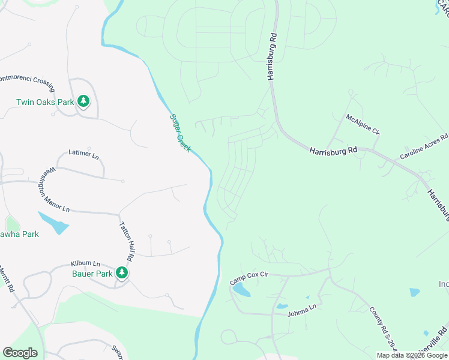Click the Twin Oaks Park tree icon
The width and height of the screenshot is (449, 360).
coord(83,101)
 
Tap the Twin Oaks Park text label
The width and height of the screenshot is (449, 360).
coord(45,102)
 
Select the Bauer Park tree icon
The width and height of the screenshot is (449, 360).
coord(122,273)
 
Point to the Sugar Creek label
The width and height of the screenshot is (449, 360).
coord(179,133)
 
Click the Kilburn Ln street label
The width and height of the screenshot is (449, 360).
coord(85,263)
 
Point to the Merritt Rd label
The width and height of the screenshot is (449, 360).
coord(7,280)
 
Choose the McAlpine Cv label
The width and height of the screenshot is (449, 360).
coord(363,124)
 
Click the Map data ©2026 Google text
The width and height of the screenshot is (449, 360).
coord(412,355)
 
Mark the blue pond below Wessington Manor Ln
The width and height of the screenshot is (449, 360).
coord(53,223)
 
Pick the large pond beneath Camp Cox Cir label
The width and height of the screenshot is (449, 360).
coord(241,290)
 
